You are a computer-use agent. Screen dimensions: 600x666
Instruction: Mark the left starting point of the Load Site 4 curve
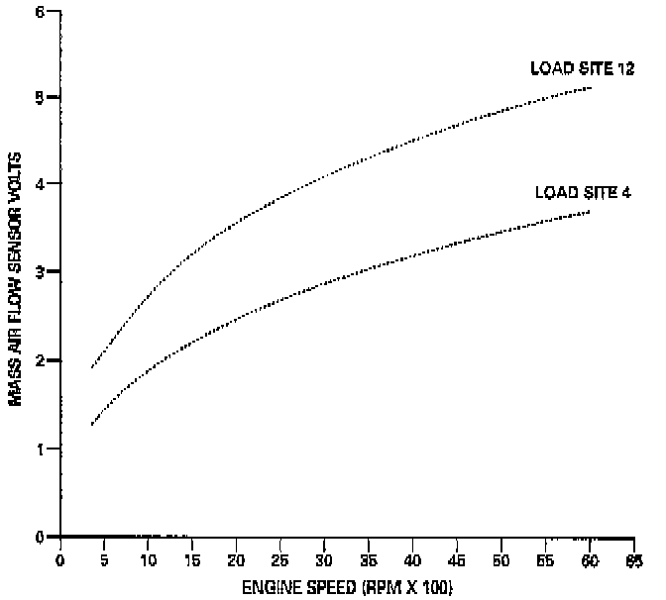91,425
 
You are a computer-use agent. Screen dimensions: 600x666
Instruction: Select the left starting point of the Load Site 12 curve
91,368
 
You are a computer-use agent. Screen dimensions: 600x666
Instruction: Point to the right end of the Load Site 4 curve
591,211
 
